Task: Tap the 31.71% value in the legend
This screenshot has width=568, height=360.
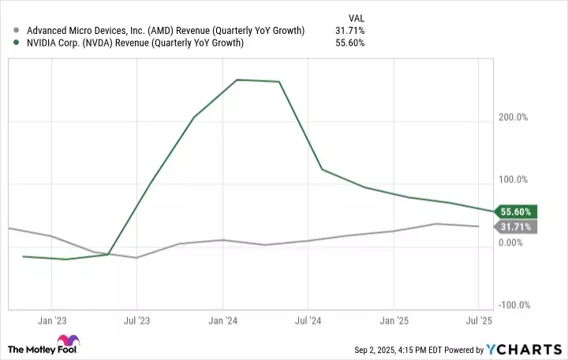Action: click(349, 31)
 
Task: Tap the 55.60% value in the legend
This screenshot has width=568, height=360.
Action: click(349, 43)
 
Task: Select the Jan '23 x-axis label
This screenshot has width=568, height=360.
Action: click(51, 321)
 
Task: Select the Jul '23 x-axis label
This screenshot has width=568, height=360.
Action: click(136, 321)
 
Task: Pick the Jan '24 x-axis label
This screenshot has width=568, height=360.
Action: click(223, 321)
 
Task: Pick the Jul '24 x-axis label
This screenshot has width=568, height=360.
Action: click(308, 321)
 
